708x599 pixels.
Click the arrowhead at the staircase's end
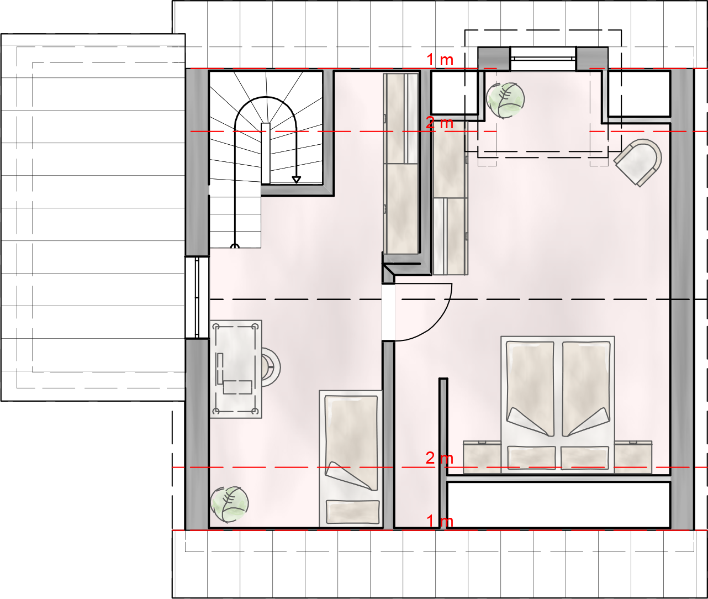coord(296,180)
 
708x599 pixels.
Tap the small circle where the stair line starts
coord(235,246)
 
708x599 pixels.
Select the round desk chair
coord(271,367)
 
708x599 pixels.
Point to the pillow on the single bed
coord(353,512)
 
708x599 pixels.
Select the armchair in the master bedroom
coord(638,162)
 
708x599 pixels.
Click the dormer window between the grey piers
coord(543,59)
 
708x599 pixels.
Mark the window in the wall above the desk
coord(197,297)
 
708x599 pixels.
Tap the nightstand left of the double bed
coord(482,457)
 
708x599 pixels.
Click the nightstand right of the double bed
coord(633,457)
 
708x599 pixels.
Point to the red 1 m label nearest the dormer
coord(440,60)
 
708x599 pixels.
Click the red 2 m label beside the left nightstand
coord(440,458)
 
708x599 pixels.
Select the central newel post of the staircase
coord(266,153)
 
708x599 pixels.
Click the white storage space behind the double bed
coord(558,505)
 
